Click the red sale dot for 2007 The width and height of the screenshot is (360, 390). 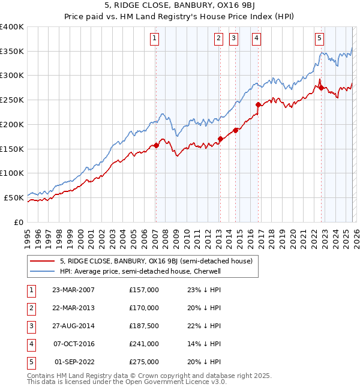(156, 145)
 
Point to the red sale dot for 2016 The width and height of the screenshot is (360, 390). (258, 104)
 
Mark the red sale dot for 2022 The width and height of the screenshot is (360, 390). (321, 88)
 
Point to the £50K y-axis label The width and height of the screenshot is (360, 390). (14, 197)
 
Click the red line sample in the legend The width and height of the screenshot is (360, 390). (43, 262)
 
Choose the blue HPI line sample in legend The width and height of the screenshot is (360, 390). (43, 271)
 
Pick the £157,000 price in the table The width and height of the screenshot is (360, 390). (144, 290)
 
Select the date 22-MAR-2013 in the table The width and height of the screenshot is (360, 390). (73, 308)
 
